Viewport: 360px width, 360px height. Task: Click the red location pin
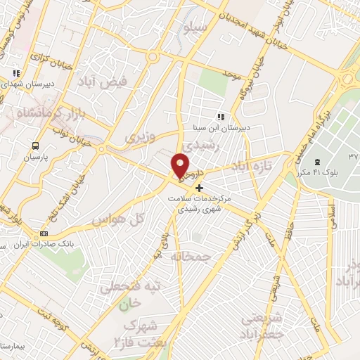[180, 165]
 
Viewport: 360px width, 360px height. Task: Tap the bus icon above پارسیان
[34, 146]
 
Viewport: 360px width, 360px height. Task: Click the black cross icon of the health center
[199, 188]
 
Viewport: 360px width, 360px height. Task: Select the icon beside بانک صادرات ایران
[44, 233]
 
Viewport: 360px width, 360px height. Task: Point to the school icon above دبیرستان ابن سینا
[221, 117]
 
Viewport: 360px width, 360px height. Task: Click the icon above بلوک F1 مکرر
[316, 162]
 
